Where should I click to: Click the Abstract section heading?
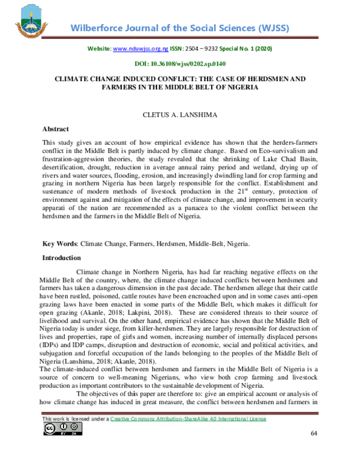pos(55,129)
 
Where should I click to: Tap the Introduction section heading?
pos(61,258)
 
